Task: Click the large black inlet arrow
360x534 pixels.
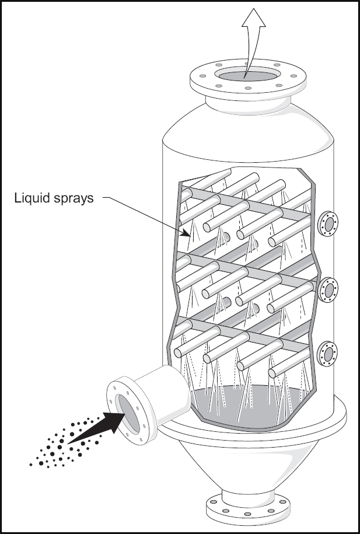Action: [97, 428]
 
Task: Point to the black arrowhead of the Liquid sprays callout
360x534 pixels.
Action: [186, 233]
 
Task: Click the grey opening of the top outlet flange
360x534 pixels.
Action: [248, 76]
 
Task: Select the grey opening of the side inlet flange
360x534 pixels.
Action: [129, 414]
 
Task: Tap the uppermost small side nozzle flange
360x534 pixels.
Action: [328, 224]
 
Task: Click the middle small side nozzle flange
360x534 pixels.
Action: [328, 290]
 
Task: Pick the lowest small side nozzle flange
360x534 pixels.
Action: [327, 354]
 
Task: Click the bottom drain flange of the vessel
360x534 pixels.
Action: [248, 508]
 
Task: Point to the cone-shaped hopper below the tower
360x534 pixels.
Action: [249, 465]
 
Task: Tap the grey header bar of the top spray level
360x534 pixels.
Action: [246, 203]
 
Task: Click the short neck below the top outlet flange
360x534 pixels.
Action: [249, 106]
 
